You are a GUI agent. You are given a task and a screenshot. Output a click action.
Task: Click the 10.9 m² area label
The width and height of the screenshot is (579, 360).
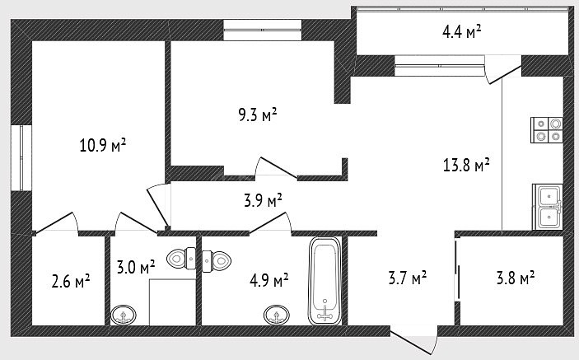click(x=103, y=145)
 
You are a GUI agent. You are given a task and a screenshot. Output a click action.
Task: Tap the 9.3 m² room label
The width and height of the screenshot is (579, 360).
click(x=257, y=115)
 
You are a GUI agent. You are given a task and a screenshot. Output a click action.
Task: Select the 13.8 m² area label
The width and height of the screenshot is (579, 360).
click(x=466, y=165)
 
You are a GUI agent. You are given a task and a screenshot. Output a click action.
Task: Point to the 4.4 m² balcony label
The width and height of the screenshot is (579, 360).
click(x=461, y=31)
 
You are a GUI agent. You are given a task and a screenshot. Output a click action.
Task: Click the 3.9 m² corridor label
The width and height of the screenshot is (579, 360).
click(x=263, y=200)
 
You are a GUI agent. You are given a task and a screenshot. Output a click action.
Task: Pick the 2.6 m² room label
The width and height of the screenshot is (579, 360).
click(x=71, y=281)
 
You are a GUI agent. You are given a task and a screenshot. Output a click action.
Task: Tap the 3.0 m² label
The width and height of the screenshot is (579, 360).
click(x=136, y=268)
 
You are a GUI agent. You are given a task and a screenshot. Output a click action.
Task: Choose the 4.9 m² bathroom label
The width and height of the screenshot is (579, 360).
click(x=268, y=281)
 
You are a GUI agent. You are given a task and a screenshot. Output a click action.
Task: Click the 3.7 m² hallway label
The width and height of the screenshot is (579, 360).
click(x=408, y=278)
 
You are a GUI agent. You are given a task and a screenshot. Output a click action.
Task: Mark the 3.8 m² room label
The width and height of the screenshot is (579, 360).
click(x=516, y=278)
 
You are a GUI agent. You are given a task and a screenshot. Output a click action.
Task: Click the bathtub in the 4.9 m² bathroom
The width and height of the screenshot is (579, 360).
click(x=325, y=281)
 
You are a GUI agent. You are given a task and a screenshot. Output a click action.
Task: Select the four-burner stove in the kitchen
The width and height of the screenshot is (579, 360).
click(x=547, y=130)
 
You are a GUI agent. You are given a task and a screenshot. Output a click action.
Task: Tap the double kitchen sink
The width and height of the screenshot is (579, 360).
click(x=548, y=207)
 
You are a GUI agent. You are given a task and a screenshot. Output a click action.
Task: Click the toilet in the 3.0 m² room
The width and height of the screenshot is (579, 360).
click(x=181, y=258)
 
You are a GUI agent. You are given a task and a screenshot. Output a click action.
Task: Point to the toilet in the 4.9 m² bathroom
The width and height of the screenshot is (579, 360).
click(x=217, y=261)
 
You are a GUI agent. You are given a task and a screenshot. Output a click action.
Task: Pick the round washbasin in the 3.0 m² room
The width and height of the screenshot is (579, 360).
click(x=124, y=315)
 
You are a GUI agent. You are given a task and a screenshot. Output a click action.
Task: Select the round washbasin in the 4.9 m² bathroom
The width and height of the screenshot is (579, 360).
click(x=277, y=315)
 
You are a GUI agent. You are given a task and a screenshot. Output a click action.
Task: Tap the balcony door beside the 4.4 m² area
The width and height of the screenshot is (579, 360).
click(x=503, y=70)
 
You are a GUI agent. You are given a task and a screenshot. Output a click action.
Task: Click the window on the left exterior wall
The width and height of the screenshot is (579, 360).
click(x=21, y=158)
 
